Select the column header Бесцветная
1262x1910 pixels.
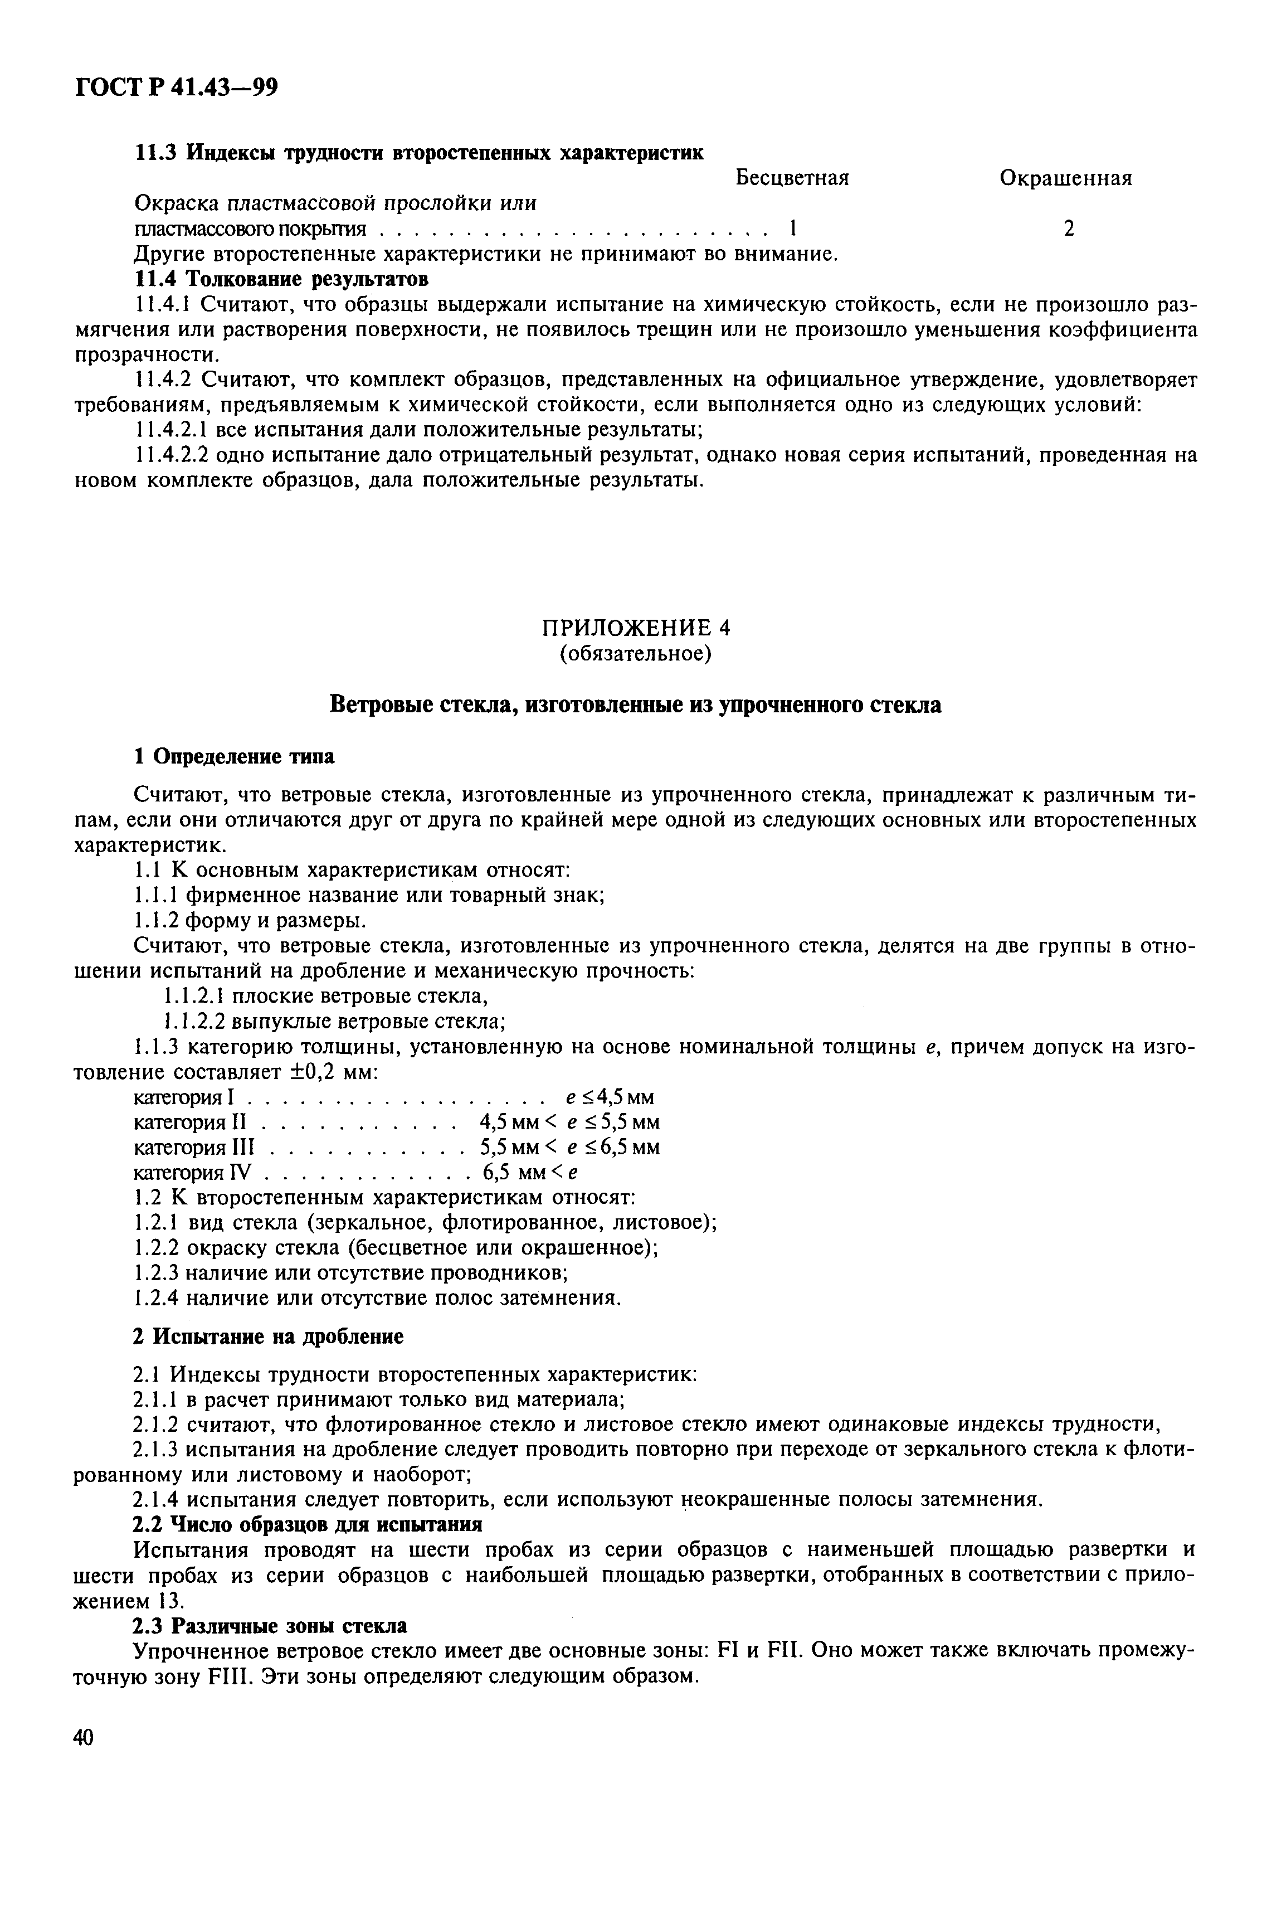coord(793,177)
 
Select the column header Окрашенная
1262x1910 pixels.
coord(1066,178)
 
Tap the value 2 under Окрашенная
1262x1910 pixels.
coord(1068,230)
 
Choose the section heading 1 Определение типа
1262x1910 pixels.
coord(233,757)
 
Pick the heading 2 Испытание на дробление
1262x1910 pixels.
coord(268,1337)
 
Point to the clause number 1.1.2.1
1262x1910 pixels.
coord(196,997)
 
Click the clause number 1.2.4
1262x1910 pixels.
coord(157,1297)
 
